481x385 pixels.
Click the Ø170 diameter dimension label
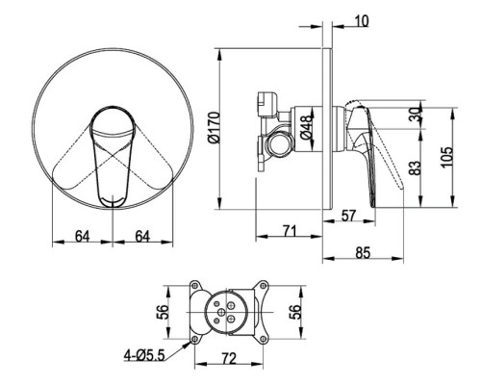[215, 128]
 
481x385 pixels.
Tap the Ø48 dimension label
[306, 127]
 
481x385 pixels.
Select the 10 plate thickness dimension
[362, 21]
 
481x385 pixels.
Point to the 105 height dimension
[446, 156]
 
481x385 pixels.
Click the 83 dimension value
[415, 167]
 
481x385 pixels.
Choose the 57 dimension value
[348, 216]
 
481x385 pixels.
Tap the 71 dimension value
[290, 231]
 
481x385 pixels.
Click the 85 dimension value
[363, 252]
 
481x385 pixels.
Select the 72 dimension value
[229, 359]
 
